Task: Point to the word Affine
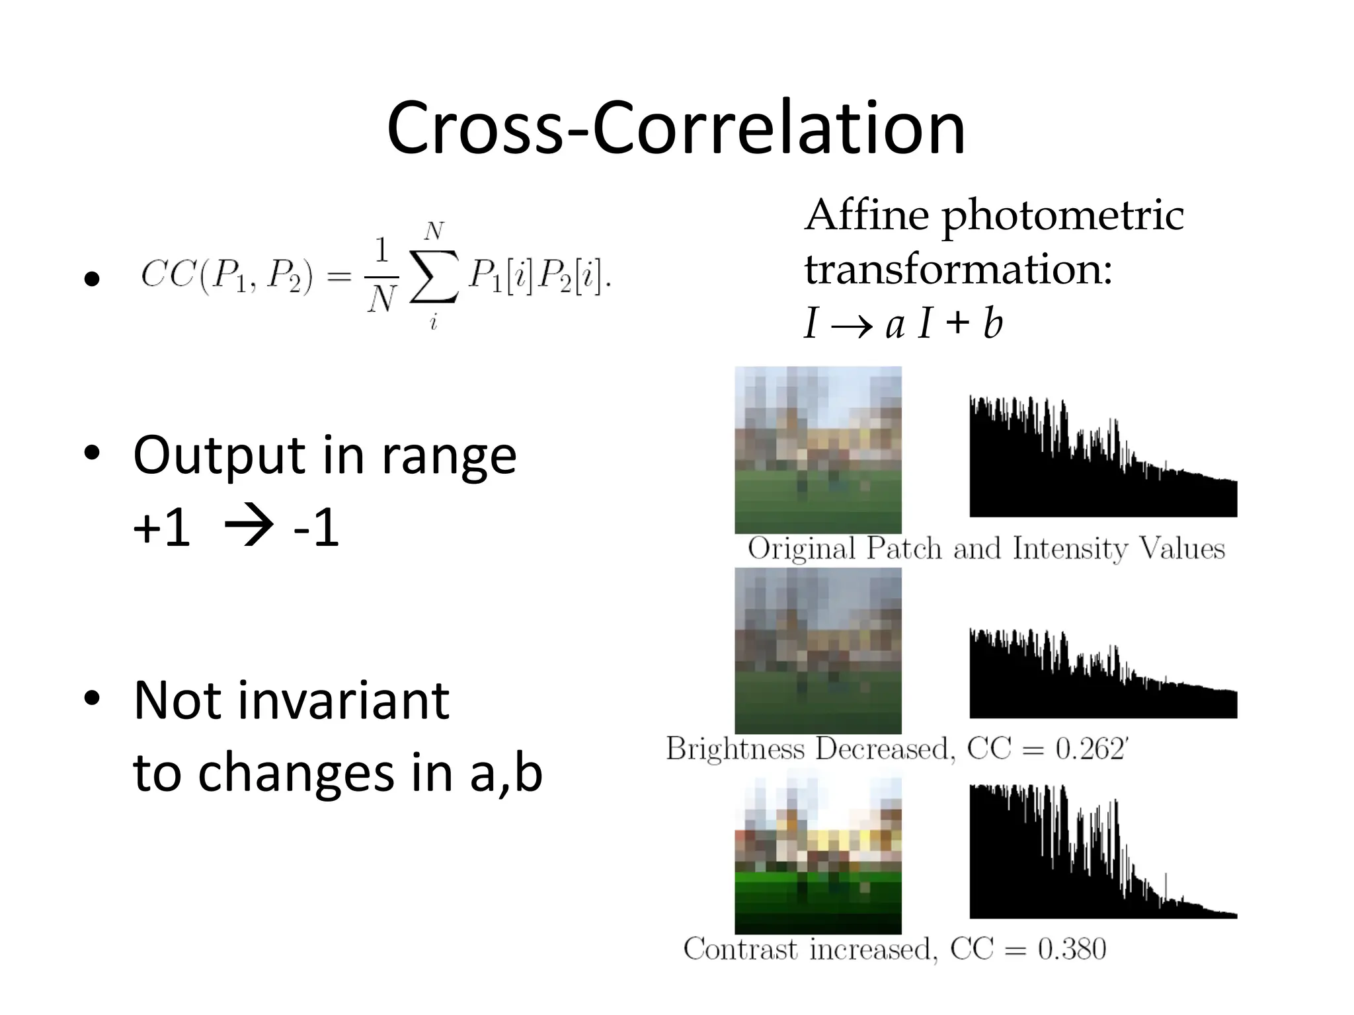pos(866,215)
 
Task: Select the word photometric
pos(1062,217)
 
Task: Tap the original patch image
pos(818,450)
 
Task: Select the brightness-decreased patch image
pos(818,650)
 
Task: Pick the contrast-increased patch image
pos(818,855)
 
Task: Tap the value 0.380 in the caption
pos(1072,950)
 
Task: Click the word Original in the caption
pos(801,549)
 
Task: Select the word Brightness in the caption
pos(735,749)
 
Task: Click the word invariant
pos(343,700)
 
